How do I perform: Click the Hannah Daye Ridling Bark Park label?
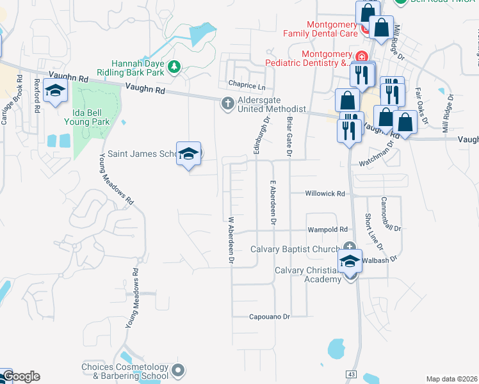(138, 67)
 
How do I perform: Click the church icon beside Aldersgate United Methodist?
(228, 103)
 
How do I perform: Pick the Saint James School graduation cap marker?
(188, 154)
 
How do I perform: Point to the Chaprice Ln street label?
(246, 85)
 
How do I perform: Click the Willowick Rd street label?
(325, 193)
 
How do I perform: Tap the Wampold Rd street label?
(327, 229)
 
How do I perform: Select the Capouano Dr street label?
(270, 316)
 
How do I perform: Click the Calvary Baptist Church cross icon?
(349, 247)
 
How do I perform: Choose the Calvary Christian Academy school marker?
(350, 262)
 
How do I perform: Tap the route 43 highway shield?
(351, 374)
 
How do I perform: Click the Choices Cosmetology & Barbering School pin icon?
(177, 369)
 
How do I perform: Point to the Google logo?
(20, 376)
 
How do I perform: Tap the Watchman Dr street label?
(375, 155)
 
